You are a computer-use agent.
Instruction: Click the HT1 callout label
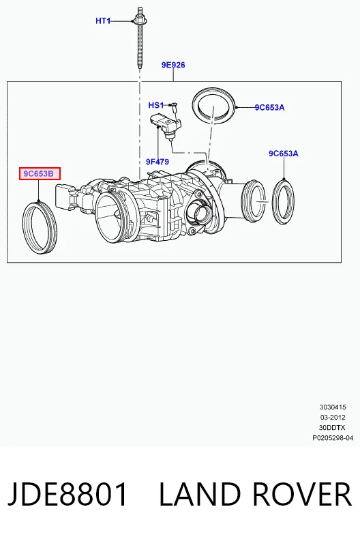click(x=103, y=21)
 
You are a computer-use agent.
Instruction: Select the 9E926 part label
click(x=173, y=65)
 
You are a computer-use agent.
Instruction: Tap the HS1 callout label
click(x=156, y=105)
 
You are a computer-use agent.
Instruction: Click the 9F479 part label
click(x=157, y=162)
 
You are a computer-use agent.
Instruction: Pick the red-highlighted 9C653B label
click(x=40, y=173)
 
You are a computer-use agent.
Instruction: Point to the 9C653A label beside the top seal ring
click(x=269, y=108)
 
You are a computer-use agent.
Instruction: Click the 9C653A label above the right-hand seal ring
click(x=284, y=154)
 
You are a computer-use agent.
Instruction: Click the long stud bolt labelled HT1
click(x=140, y=38)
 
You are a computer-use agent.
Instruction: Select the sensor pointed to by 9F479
click(x=165, y=125)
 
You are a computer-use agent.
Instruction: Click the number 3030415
click(x=333, y=407)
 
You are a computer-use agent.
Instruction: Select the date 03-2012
click(x=333, y=418)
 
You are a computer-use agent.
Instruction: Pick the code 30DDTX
click(x=332, y=428)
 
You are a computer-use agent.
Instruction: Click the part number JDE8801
click(x=67, y=494)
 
